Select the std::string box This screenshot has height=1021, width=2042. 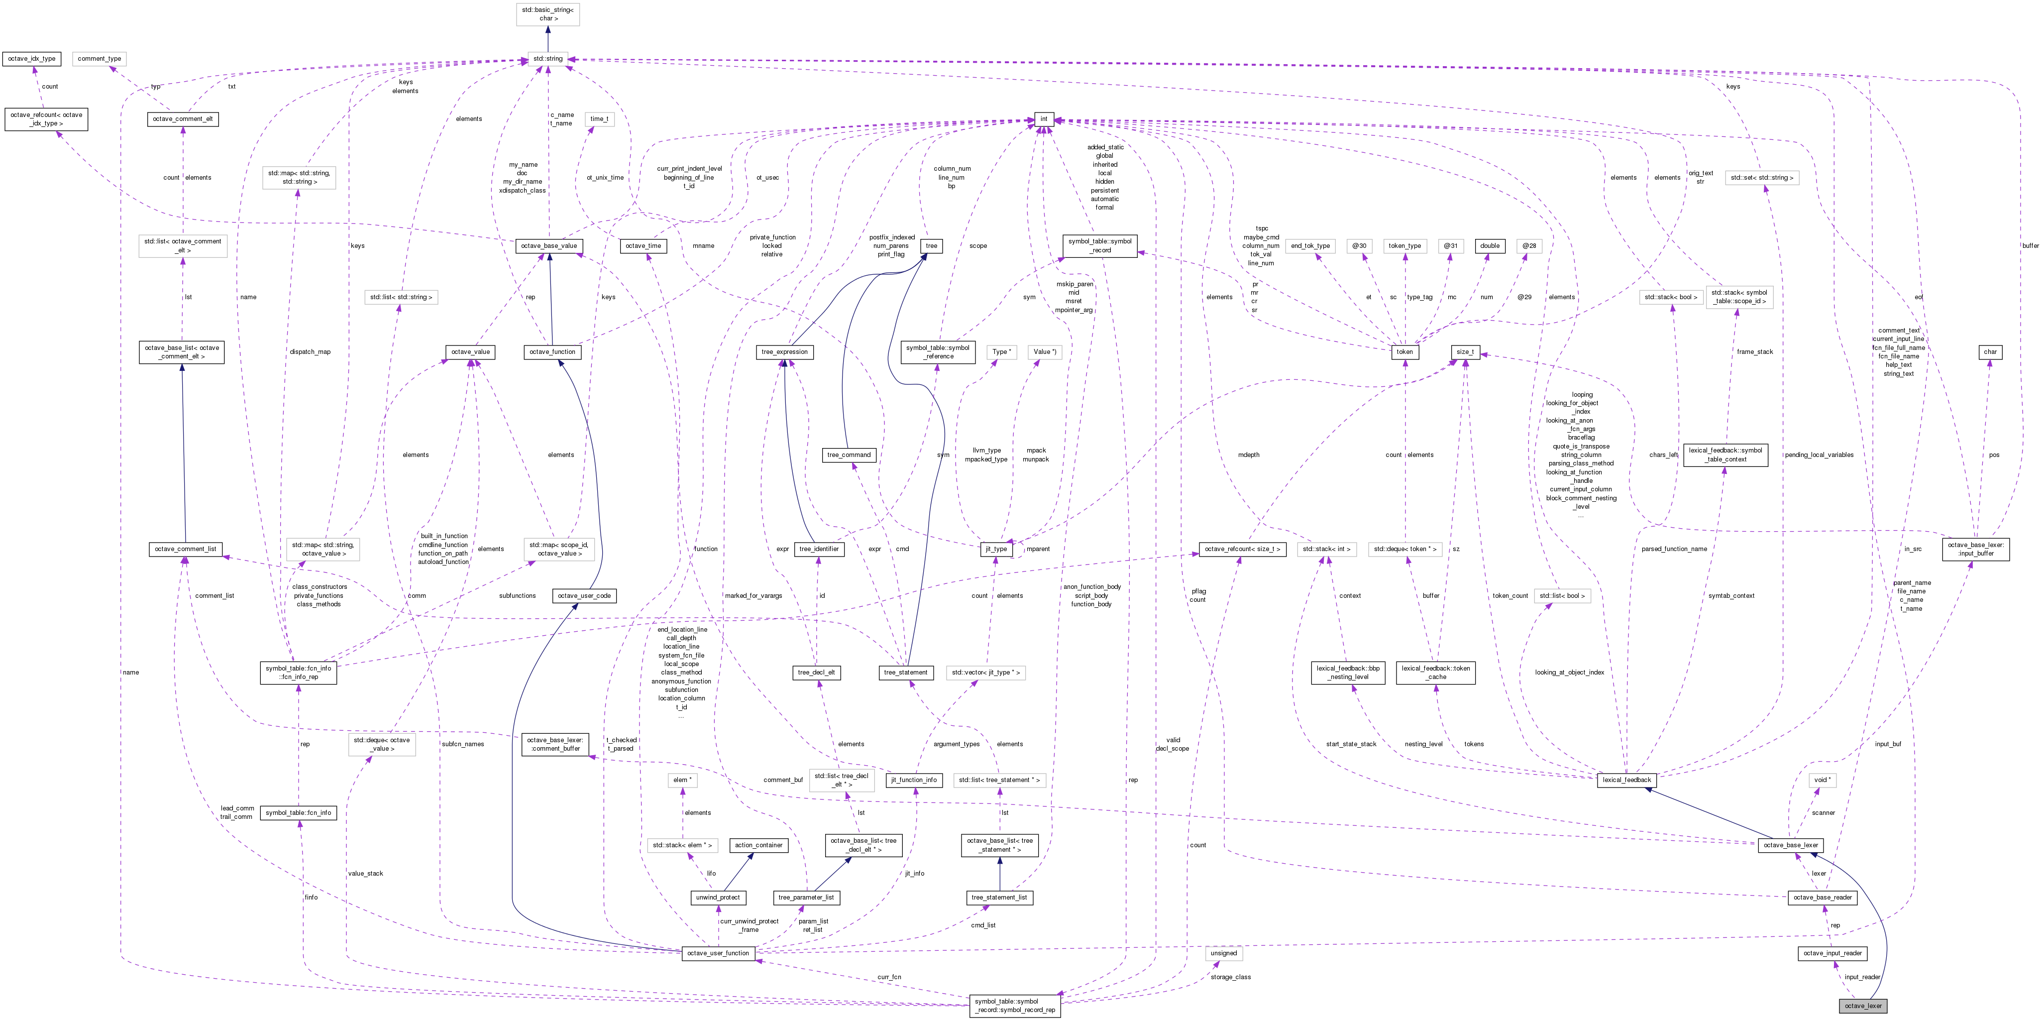[547, 59]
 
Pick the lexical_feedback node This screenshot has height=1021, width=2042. [1626, 780]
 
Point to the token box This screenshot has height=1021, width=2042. [1404, 352]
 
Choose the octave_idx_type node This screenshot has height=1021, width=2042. [32, 59]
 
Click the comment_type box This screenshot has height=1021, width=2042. [99, 59]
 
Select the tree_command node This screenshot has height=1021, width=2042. [848, 455]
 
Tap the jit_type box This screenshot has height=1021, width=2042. [996, 549]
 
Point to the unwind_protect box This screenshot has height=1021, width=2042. [718, 898]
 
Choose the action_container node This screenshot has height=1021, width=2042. [758, 845]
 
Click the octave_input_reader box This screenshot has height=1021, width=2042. [1833, 953]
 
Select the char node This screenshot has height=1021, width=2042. [1990, 352]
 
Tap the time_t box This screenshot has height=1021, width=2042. [599, 119]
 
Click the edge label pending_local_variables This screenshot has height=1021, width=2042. [1819, 455]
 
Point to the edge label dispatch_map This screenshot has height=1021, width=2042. [310, 352]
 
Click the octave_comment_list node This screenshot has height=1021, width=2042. [186, 549]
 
